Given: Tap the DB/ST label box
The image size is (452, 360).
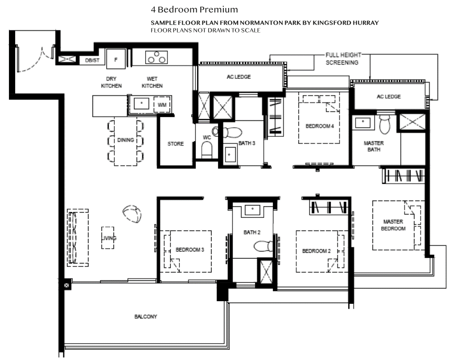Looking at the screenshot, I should (92, 60).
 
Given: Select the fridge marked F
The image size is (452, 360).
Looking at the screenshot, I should (116, 59).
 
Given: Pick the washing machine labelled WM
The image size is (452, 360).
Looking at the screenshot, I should (161, 105).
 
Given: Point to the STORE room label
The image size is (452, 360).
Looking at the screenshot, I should (176, 144).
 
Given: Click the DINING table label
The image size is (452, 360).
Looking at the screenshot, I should (126, 140).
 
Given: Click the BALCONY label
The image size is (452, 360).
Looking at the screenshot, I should (145, 317).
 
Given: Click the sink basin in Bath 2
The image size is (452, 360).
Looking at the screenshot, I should (253, 209).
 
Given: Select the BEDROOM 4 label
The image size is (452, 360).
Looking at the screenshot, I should (319, 126).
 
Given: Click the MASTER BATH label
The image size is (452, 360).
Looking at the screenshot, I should (374, 147).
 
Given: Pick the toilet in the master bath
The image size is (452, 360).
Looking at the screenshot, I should (385, 125).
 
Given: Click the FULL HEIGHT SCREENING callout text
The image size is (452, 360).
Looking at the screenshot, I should (342, 59).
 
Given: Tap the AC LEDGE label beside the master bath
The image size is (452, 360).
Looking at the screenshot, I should (388, 97).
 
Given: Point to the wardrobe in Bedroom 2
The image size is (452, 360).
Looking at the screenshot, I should (329, 208).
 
